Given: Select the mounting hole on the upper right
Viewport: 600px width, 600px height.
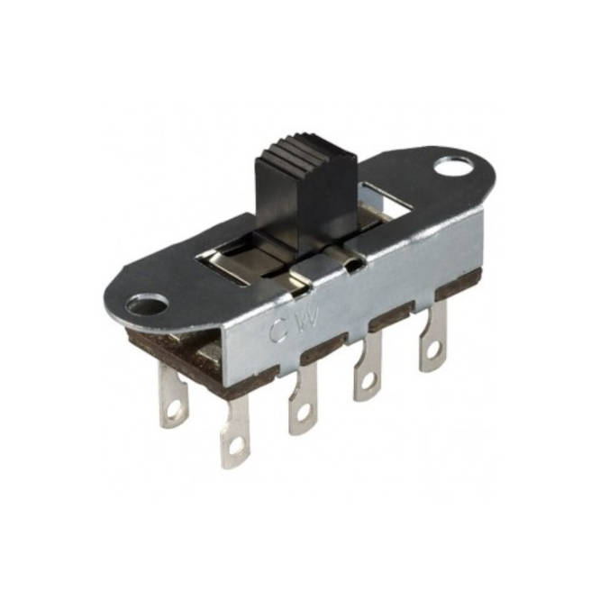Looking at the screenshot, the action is coord(452,166).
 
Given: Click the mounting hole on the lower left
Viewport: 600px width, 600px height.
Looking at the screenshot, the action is coord(148,305).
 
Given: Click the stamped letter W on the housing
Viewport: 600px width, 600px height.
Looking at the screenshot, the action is coord(309,316).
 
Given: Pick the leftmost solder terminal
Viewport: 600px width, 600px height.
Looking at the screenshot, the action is coord(173,396).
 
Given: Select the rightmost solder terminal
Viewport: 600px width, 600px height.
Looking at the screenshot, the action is coord(432,338).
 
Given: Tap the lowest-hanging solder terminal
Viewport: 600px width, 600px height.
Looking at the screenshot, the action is coord(235,432).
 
